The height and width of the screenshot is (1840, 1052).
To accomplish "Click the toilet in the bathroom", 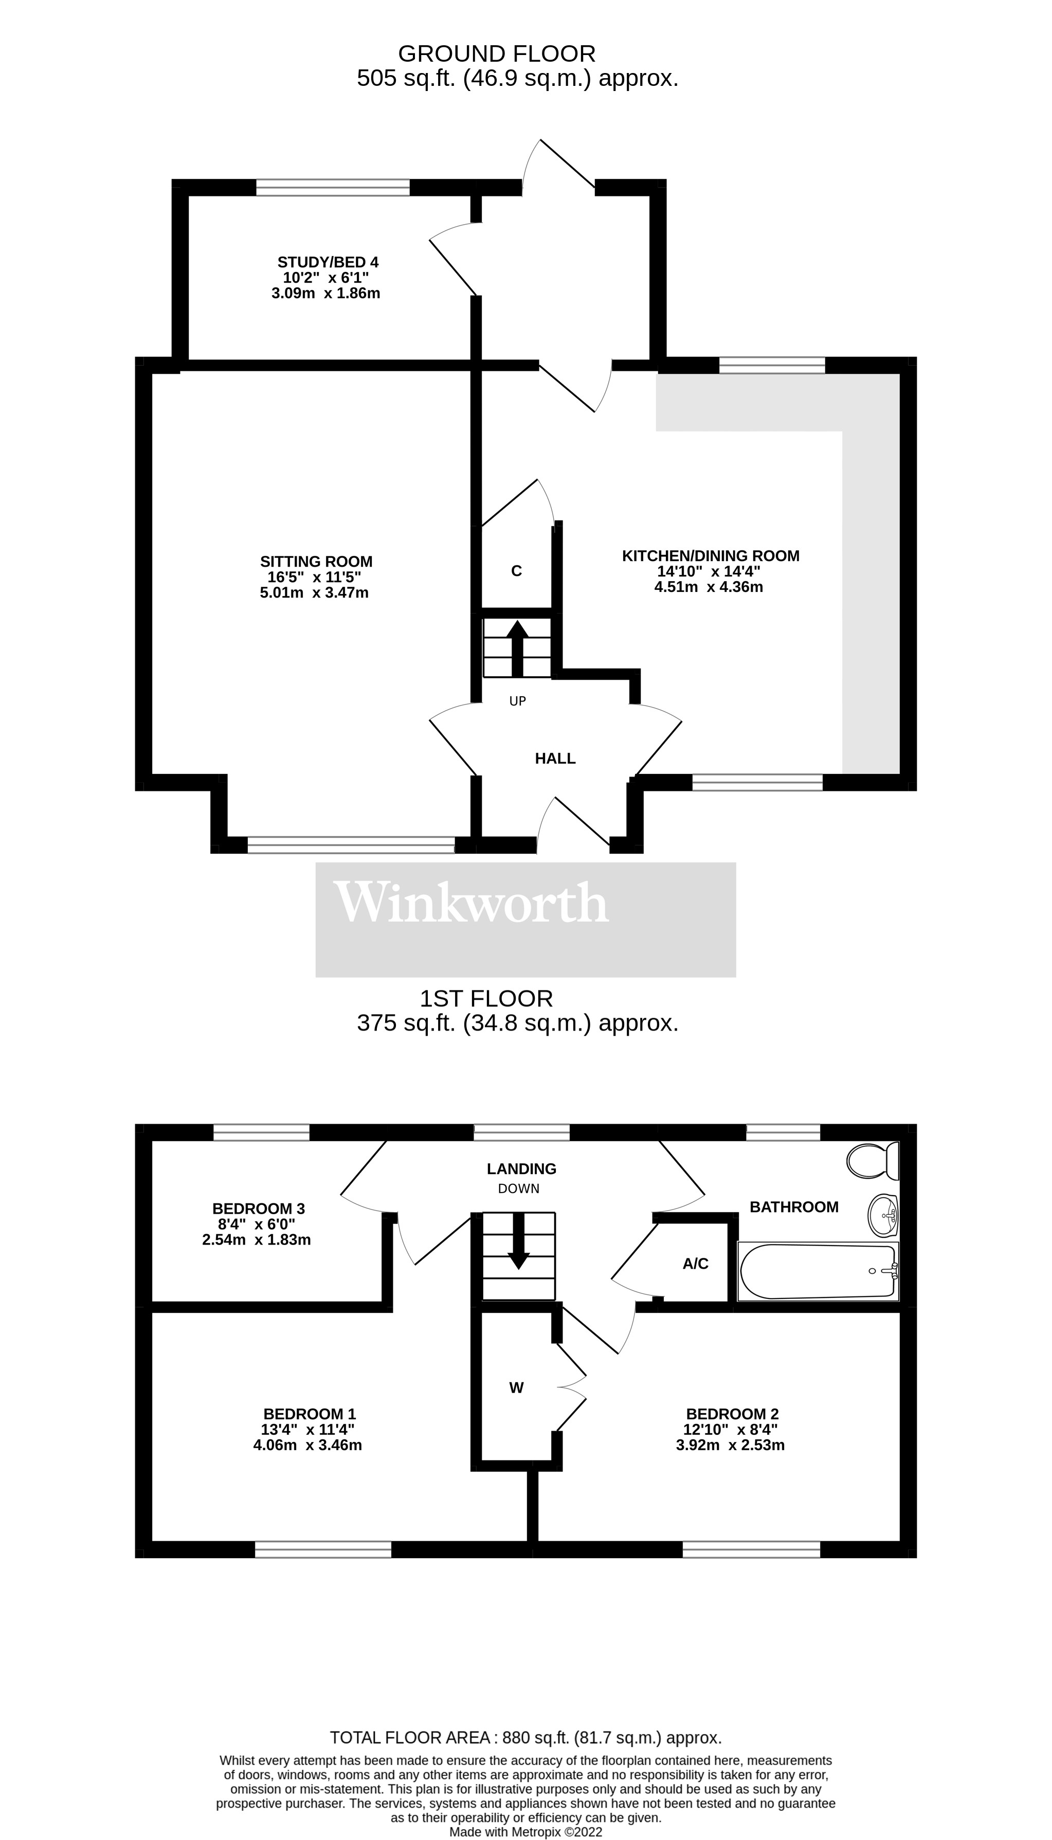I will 874,1161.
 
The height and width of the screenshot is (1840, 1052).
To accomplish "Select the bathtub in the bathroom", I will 817,1271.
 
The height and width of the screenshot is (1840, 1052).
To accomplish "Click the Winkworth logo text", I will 471,903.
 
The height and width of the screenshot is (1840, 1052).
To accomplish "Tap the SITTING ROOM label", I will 316,562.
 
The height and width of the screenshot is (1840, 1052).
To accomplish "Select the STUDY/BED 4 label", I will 328,262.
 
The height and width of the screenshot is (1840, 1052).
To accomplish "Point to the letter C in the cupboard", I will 517,571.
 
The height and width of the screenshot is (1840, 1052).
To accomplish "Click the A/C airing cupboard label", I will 696,1264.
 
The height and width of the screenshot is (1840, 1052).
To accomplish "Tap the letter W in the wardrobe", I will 516,1388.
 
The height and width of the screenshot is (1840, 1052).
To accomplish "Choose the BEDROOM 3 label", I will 259,1208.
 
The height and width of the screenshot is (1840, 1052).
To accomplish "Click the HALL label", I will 555,759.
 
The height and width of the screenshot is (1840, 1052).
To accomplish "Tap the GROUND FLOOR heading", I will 497,53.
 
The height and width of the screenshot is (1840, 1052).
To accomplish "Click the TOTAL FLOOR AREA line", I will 525,1738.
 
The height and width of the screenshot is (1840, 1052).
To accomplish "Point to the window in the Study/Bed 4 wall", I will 333,187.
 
